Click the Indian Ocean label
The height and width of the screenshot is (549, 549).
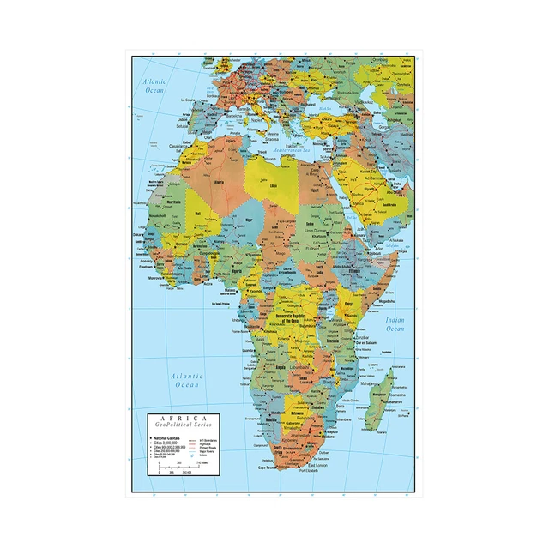click(x=395, y=324)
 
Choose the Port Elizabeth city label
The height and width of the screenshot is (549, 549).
click(x=312, y=471)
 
